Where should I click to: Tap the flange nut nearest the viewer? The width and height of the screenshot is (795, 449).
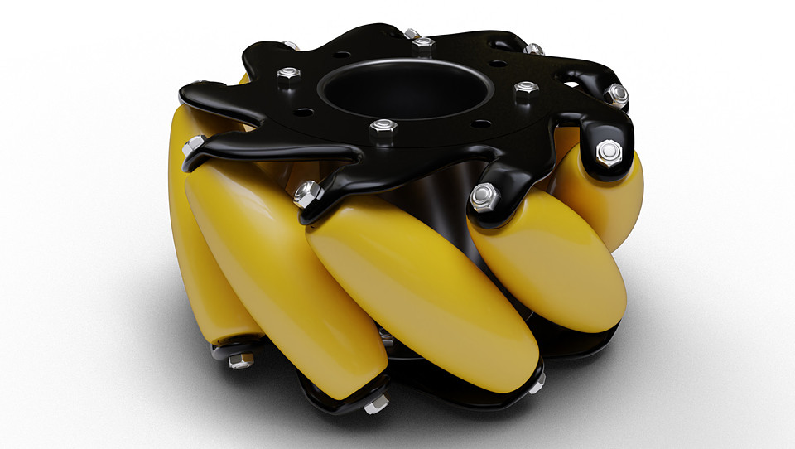pyautogui.click(x=383, y=130)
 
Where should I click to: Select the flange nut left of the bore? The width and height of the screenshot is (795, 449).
pyautogui.click(x=288, y=77)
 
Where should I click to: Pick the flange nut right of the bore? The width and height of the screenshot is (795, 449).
pyautogui.click(x=525, y=89)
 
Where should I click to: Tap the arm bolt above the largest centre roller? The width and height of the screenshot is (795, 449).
pyautogui.click(x=306, y=194)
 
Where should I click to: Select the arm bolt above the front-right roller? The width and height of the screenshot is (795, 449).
pyautogui.click(x=484, y=197)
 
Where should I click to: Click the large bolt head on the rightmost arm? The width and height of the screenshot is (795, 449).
pyautogui.click(x=609, y=152)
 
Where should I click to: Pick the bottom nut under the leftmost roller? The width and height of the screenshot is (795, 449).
pyautogui.click(x=241, y=360)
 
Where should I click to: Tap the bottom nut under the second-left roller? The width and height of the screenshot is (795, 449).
pyautogui.click(x=376, y=403)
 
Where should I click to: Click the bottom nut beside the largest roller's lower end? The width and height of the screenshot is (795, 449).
pyautogui.click(x=537, y=385)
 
